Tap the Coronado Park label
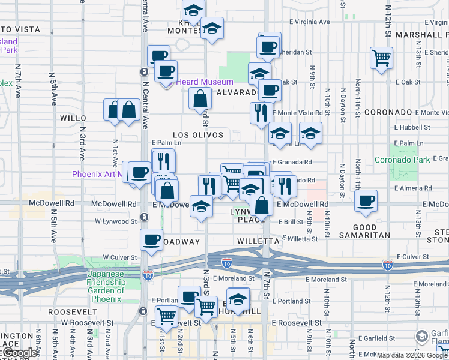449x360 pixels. (x=402, y=160)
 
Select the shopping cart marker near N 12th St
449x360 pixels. (x=381, y=58)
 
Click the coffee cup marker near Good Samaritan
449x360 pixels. (x=366, y=202)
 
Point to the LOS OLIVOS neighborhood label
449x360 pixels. (x=198, y=136)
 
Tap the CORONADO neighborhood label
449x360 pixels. (x=388, y=112)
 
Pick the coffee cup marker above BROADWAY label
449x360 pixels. (x=151, y=240)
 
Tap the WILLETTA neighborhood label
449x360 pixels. (x=258, y=241)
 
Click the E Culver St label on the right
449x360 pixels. (x=414, y=256)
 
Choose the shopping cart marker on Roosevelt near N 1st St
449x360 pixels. (x=166, y=314)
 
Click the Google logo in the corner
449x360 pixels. (x=20, y=353)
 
